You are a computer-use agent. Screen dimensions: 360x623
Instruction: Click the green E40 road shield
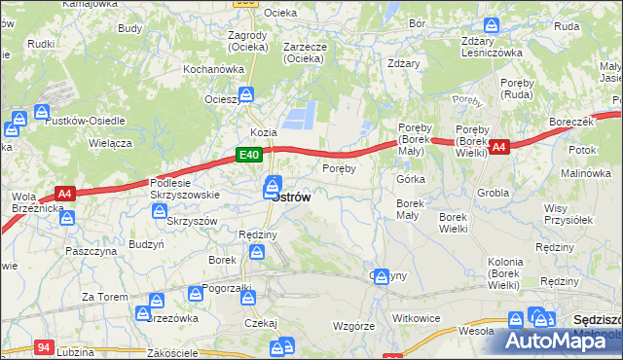[x=248, y=155]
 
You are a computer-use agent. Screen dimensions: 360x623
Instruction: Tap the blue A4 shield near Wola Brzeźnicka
[x=64, y=195]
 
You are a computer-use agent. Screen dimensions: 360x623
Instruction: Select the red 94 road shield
[x=43, y=346]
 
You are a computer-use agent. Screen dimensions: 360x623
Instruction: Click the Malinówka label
[x=585, y=172]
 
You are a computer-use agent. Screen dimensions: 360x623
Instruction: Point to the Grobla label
[x=494, y=193]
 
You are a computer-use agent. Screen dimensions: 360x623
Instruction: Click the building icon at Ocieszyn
[x=247, y=94]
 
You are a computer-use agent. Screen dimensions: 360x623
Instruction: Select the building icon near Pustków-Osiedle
[x=43, y=114]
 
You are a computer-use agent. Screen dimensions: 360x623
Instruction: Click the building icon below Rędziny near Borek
[x=257, y=253]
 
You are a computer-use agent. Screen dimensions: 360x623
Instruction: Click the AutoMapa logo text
[x=566, y=341]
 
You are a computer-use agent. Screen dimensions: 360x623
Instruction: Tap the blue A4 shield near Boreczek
[x=499, y=147]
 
